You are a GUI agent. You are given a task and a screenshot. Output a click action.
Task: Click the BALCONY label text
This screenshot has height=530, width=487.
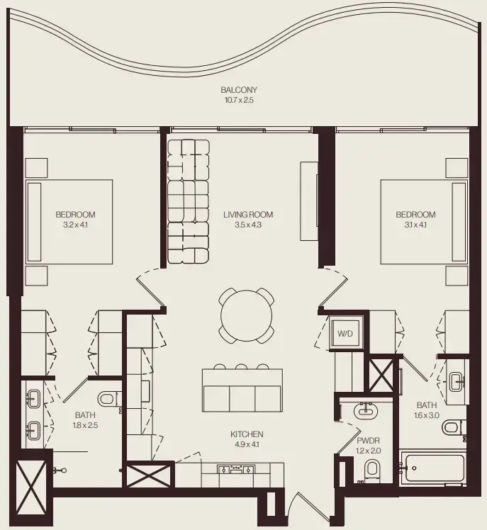coord(238,90)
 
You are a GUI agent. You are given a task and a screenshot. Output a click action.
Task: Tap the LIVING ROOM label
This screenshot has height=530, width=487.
coord(247,215)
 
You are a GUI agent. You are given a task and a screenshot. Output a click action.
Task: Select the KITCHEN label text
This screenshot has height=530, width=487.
coord(247,434)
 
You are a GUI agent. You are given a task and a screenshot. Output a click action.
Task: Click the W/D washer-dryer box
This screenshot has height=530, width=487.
coord(345,332)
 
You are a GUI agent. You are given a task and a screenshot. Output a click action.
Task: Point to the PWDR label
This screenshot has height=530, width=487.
coord(368,440)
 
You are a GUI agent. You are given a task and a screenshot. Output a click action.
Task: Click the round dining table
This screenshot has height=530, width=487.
coord(246,314)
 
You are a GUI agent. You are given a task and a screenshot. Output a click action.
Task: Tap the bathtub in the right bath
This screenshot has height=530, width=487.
coord(432,468)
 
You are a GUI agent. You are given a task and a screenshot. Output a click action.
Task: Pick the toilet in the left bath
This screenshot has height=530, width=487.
coord(107,400)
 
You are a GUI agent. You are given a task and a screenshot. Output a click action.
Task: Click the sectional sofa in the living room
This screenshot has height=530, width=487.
coord(189,202)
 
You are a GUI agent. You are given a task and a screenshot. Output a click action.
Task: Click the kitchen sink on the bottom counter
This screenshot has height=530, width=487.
coord(237,468)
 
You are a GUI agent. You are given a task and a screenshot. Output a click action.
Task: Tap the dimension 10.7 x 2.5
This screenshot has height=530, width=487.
coord(238,101)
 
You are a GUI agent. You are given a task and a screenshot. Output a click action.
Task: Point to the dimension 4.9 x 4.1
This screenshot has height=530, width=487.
coord(247,445)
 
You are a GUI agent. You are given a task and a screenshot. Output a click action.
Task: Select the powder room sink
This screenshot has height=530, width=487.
coord(367,410)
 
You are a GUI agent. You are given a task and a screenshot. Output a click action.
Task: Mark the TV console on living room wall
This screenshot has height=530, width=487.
coord(308,202)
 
